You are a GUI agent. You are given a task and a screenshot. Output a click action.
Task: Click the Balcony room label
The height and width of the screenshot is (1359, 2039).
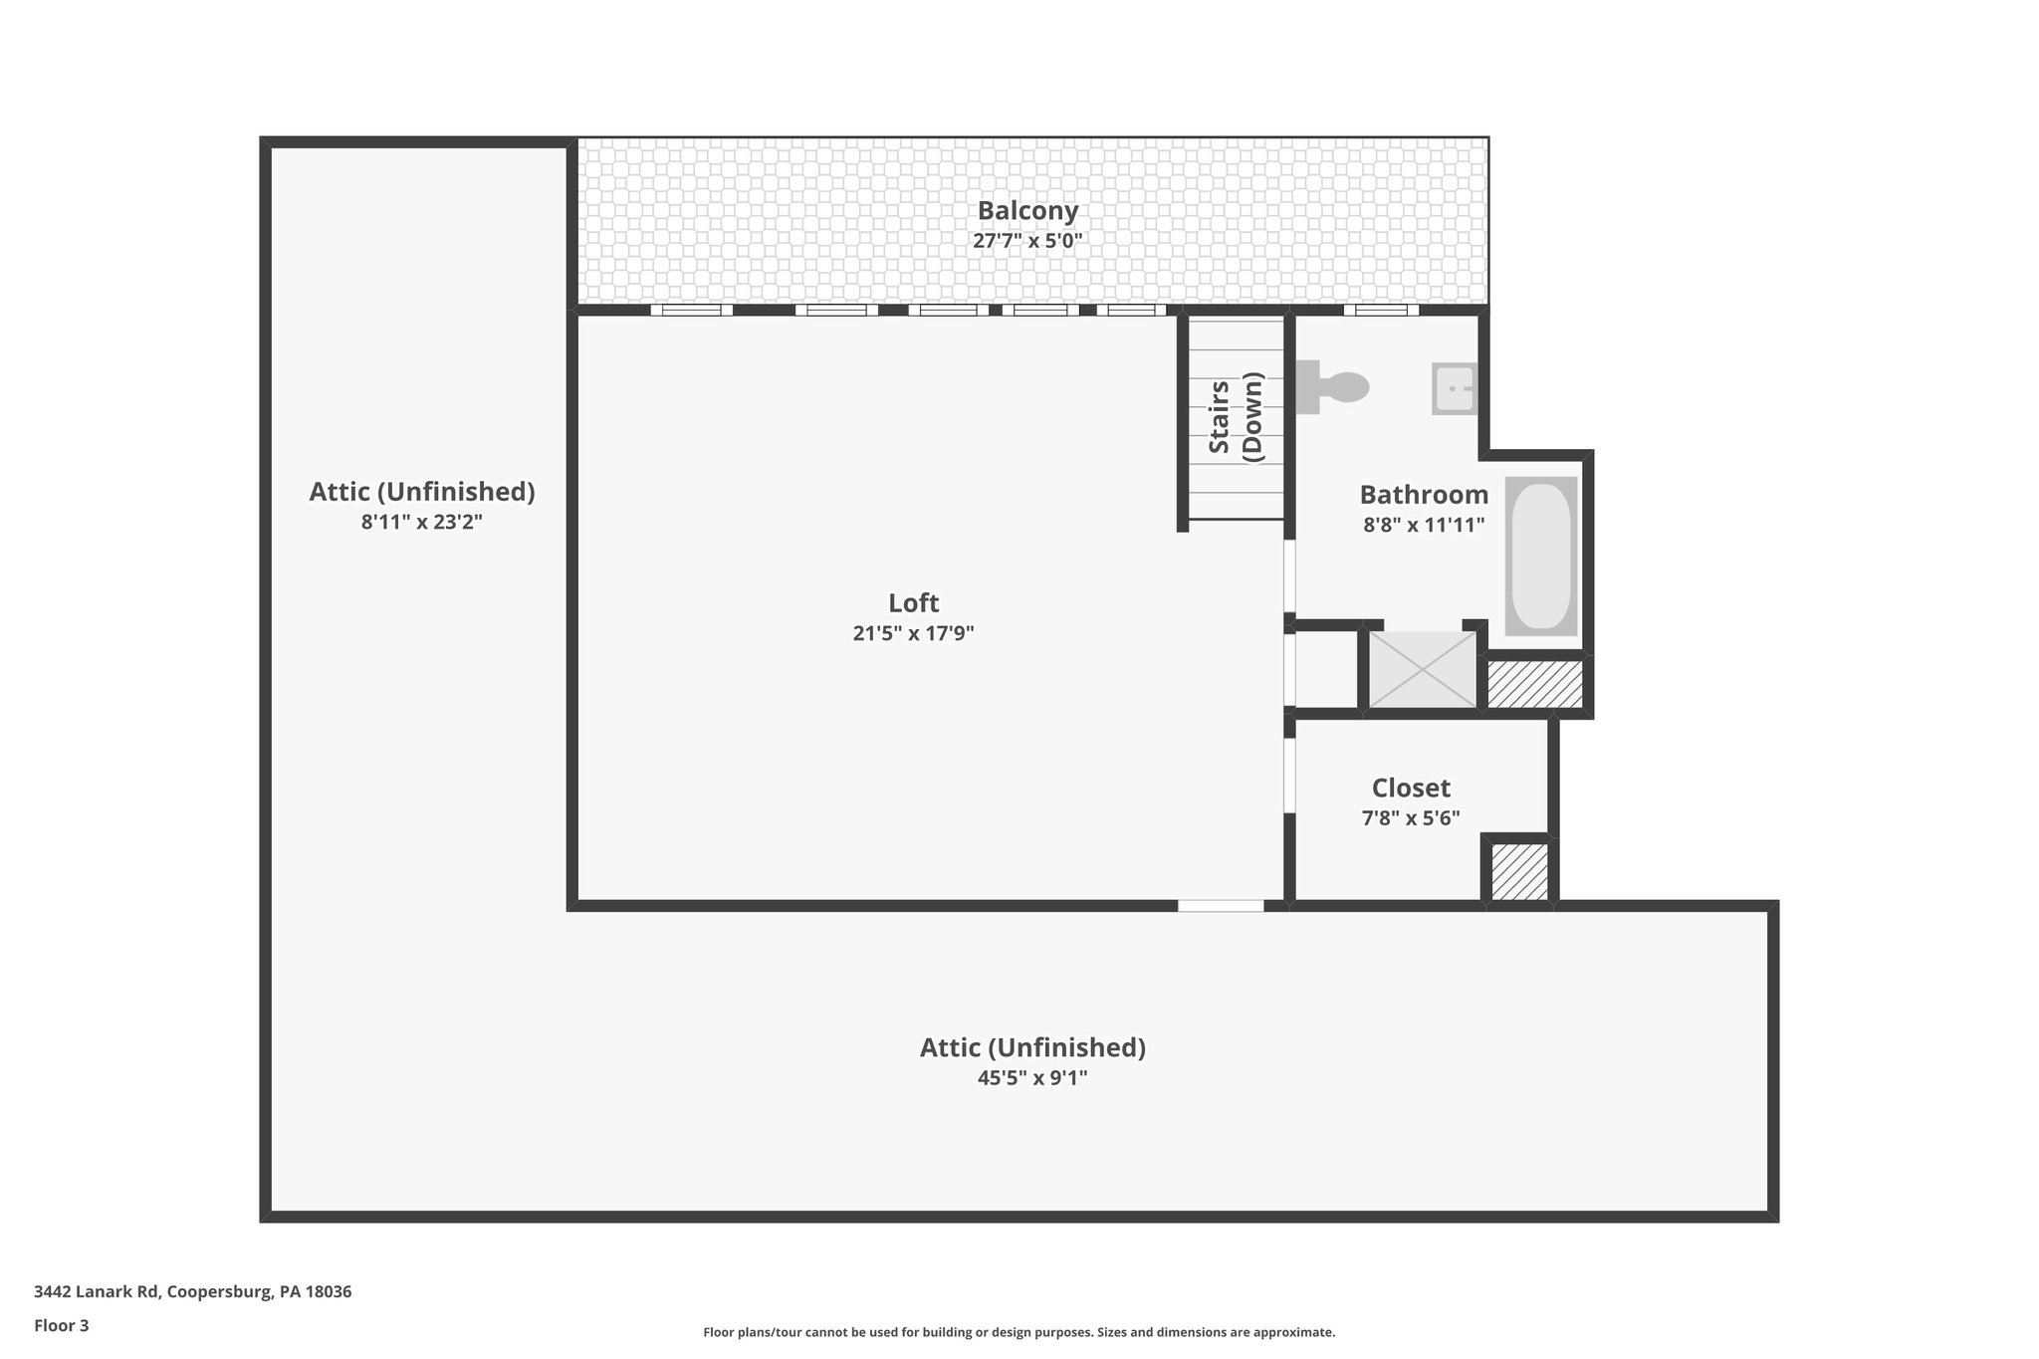pyautogui.click(x=1027, y=211)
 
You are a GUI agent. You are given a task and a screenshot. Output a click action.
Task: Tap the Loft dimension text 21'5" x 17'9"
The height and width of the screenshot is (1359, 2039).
pyautogui.click(x=913, y=633)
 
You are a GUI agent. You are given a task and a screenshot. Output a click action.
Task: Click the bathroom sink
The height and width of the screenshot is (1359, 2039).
pyautogui.click(x=1454, y=388)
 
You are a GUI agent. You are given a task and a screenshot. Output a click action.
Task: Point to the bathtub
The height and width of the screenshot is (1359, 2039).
pyautogui.click(x=1540, y=556)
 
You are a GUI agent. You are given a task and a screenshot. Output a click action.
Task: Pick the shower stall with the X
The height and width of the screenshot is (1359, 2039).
pyautogui.click(x=1423, y=669)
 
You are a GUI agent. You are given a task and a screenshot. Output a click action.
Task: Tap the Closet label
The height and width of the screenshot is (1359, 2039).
pyautogui.click(x=1411, y=789)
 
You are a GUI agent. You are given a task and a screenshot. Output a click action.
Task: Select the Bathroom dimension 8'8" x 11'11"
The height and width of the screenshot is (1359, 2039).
pyautogui.click(x=1424, y=525)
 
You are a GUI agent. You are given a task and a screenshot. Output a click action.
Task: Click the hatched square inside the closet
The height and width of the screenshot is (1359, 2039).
pyautogui.click(x=1519, y=872)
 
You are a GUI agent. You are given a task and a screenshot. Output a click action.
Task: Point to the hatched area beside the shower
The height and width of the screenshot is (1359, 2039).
pyautogui.click(x=1534, y=684)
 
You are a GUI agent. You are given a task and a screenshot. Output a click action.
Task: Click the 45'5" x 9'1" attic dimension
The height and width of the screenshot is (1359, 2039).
pyautogui.click(x=1032, y=1077)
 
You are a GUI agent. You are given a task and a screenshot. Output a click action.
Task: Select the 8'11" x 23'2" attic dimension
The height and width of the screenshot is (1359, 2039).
pyautogui.click(x=421, y=522)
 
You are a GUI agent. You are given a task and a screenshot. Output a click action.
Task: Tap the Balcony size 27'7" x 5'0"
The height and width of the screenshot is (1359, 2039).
pyautogui.click(x=1027, y=241)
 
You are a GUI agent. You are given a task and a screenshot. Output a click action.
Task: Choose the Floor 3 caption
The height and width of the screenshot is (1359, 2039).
pyautogui.click(x=61, y=1325)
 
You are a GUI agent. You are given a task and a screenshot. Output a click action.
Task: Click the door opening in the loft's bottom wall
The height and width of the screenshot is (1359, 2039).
pyautogui.click(x=1221, y=906)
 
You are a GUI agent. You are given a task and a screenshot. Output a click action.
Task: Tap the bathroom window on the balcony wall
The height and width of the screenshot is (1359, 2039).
pyautogui.click(x=1381, y=310)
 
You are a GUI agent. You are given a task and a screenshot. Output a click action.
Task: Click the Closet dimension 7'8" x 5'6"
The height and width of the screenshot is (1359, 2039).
pyautogui.click(x=1411, y=818)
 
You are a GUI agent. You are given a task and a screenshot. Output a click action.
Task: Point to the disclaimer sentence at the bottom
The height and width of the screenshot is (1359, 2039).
pyautogui.click(x=1019, y=1332)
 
